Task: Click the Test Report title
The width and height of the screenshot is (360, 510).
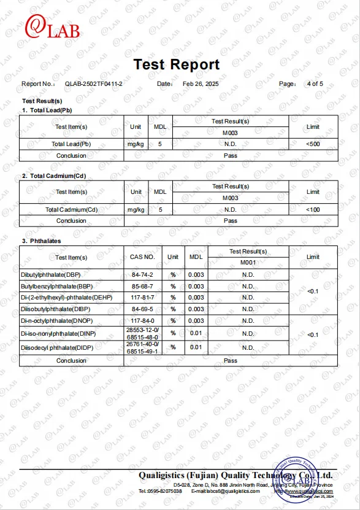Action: click(176, 64)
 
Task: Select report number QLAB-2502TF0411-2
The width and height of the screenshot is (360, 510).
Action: click(94, 83)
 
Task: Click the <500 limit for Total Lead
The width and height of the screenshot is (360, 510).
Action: click(313, 144)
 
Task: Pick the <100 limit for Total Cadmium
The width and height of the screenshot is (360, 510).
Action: click(313, 210)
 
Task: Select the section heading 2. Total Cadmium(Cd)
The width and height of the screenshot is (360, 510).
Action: click(54, 176)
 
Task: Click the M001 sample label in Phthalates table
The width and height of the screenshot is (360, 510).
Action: click(248, 263)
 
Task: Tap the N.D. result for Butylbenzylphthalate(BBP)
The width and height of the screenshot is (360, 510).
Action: click(248, 286)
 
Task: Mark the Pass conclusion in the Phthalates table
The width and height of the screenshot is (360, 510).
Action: click(231, 361)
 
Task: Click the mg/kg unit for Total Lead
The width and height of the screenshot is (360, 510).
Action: click(136, 144)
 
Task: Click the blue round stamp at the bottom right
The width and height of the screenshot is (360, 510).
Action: click(299, 482)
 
